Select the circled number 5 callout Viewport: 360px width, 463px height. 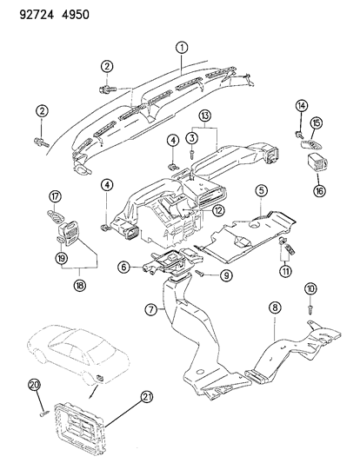pyautogui.click(x=260, y=189)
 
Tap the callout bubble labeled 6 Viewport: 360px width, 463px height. pyautogui.click(x=124, y=268)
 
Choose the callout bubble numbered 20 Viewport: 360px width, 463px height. pyautogui.click(x=34, y=385)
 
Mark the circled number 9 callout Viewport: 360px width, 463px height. pyautogui.click(x=226, y=276)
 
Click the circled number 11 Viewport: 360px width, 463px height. pyautogui.click(x=283, y=272)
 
